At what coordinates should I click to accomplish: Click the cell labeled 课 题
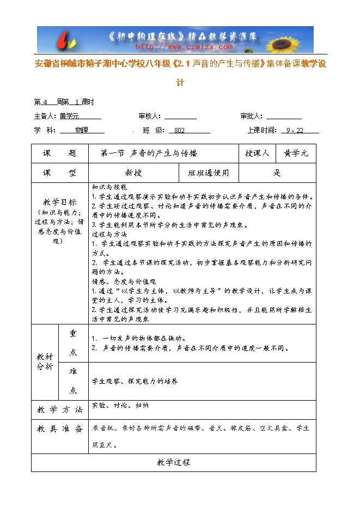[59, 154]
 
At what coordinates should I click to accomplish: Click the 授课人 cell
[257, 154]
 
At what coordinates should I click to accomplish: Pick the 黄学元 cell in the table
[296, 154]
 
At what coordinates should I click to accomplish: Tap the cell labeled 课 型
[59, 173]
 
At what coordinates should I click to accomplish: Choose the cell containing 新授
[133, 173]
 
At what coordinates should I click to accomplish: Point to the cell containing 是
[277, 173]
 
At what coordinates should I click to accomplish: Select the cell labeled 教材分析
[45, 361]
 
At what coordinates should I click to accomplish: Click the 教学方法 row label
[59, 409]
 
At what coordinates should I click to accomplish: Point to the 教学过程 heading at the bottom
[173, 462]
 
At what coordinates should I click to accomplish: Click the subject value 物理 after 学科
[81, 131]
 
